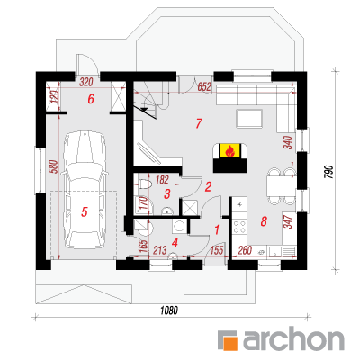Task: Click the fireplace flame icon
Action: pos(229,151)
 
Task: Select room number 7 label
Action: pos(199,123)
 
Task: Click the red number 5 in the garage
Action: pos(85,211)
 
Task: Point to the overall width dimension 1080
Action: pos(169,310)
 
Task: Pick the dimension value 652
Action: pos(204,86)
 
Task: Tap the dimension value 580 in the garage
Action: pos(54,167)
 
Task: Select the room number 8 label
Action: pos(264,221)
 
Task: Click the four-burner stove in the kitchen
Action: pos(239,227)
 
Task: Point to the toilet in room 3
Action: pos(145,184)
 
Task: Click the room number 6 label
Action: pos(91,99)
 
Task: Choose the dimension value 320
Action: pos(86,82)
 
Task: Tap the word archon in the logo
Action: pos(293,340)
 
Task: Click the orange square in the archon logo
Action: pos(231,344)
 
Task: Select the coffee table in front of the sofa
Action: pos(249,119)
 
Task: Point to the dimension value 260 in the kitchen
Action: pos(245,250)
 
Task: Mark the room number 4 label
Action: pos(175,242)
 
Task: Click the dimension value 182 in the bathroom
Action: pos(162,180)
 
